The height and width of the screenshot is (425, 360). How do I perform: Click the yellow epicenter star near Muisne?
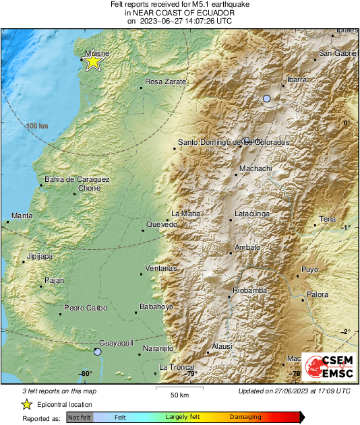pos(93,62)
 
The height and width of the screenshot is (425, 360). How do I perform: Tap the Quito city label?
pos(251,140)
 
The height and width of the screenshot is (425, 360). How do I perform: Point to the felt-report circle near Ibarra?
pos(267,99)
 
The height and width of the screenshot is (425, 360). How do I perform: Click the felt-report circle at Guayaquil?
pos(98,352)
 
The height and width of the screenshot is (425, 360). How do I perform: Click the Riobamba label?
pos(249,290)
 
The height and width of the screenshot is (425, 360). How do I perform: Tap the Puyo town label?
pos(309,269)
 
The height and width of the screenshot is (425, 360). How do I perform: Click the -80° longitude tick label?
pos(85,374)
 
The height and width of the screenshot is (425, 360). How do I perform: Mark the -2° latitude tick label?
pos(346,331)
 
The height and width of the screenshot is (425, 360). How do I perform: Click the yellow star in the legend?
pos(26,404)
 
